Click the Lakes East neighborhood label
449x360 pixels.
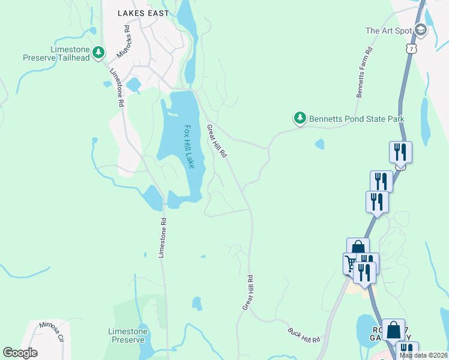coord(143,13)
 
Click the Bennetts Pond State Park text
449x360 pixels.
coord(357,119)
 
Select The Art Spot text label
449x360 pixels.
coord(388,31)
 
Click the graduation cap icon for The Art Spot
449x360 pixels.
coord(421,29)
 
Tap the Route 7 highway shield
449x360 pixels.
coord(411,48)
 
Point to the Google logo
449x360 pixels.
coord(20,353)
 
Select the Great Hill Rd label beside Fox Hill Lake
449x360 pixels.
coord(217,141)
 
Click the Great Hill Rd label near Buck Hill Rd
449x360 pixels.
coord(248,293)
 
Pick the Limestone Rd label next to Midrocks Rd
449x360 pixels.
coord(116,87)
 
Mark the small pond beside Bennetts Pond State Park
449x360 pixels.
coord(319,144)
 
